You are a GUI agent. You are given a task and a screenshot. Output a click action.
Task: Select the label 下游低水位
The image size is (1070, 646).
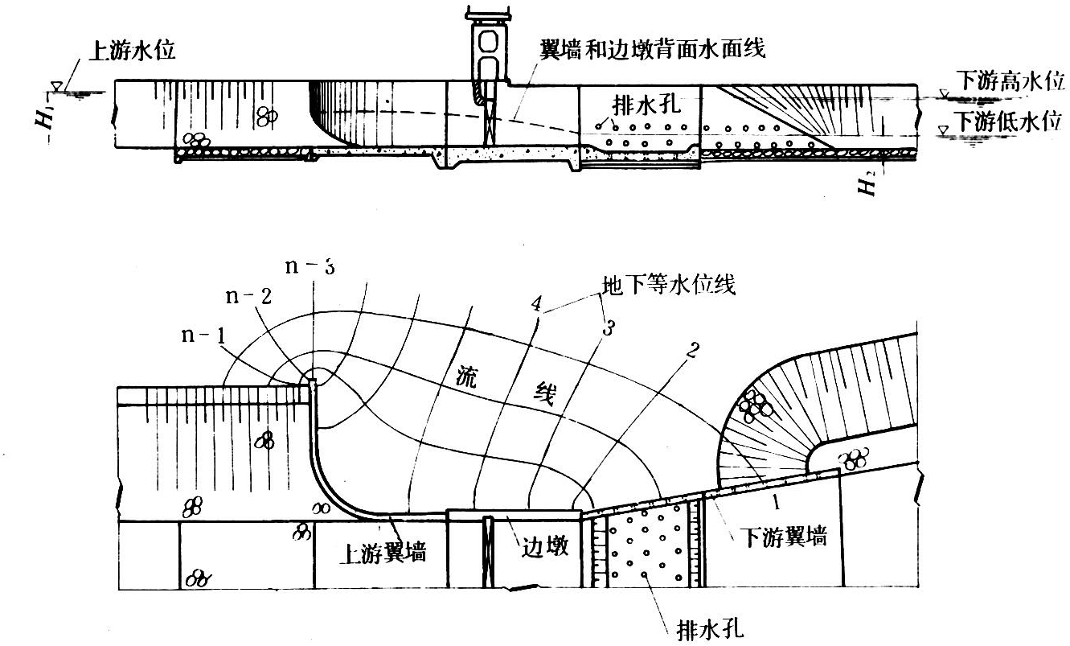1009,123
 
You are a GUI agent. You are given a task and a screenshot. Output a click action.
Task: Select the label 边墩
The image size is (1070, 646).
544,547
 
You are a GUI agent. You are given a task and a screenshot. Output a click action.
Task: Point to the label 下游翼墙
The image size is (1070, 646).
782,538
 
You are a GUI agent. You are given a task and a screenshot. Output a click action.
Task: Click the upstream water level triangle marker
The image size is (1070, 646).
56,84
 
